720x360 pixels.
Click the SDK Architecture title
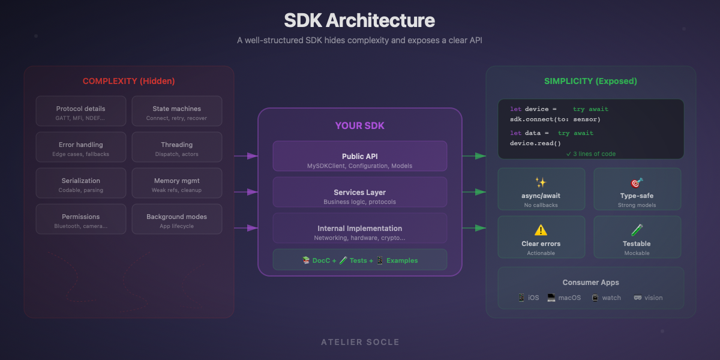359,20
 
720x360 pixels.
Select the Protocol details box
81,111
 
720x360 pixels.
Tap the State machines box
176,111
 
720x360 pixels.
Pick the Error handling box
81,147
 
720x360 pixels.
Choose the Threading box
176,147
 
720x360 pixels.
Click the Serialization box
81,183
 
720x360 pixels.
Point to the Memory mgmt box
176,183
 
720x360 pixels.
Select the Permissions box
81,219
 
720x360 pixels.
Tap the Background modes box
176,219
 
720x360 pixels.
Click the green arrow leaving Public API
474,156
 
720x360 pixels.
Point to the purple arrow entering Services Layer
246,192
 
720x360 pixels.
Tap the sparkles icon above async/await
541,182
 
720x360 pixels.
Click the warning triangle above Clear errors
541,230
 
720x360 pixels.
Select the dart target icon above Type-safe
637,182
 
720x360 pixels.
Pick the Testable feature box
637,237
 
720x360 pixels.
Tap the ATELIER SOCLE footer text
360,342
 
